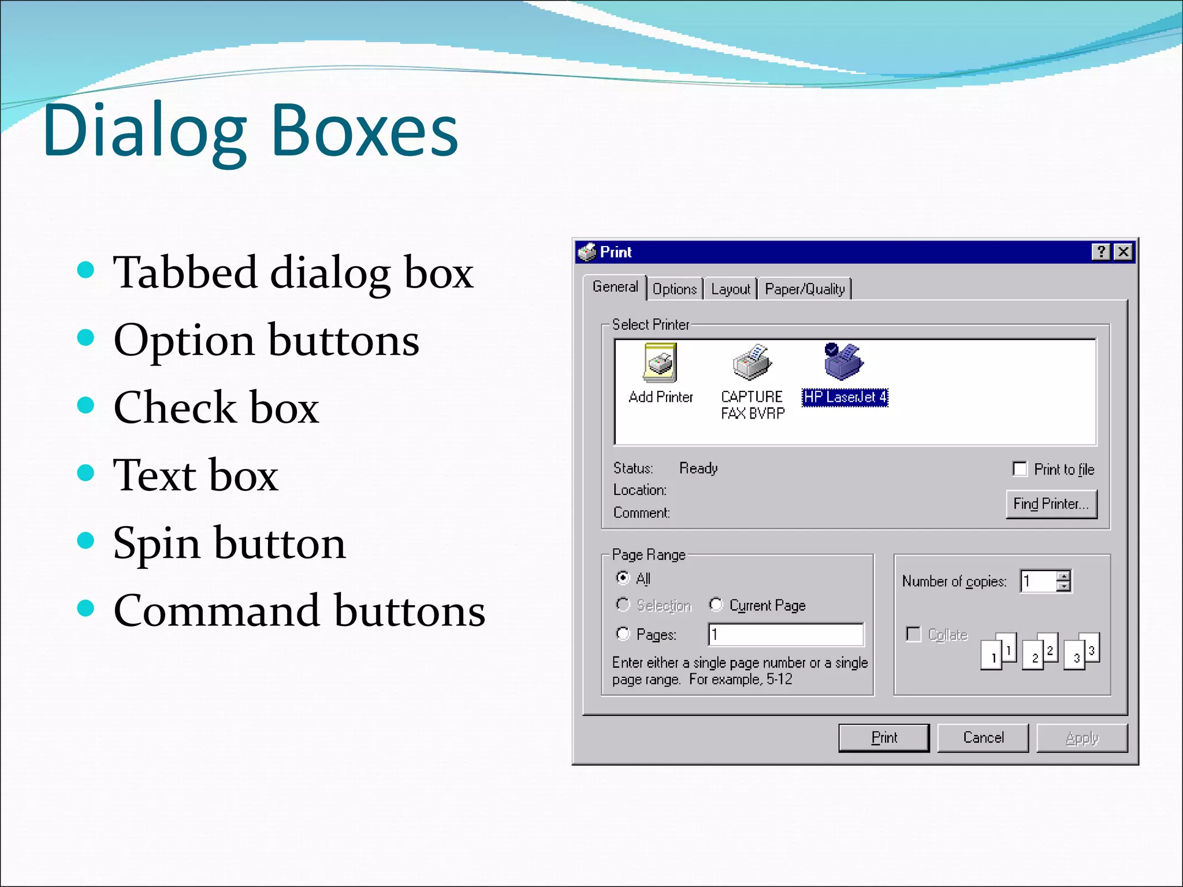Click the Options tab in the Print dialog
click(x=674, y=289)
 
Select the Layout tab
click(x=730, y=289)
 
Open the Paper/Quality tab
click(x=805, y=289)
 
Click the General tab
click(x=615, y=286)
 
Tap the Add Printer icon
click(x=660, y=363)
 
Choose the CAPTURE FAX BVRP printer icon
click(x=752, y=363)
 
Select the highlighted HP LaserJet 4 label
click(x=845, y=397)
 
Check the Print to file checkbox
click(x=1020, y=469)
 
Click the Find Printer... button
click(x=1051, y=504)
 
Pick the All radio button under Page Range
click(x=623, y=577)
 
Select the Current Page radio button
click(x=716, y=604)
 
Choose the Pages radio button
click(x=623, y=633)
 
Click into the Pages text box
click(x=786, y=634)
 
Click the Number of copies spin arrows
click(x=1063, y=581)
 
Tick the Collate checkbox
click(x=913, y=634)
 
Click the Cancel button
click(x=983, y=737)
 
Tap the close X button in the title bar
click(x=1124, y=252)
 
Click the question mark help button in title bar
click(x=1101, y=252)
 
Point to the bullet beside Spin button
click(x=85, y=541)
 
